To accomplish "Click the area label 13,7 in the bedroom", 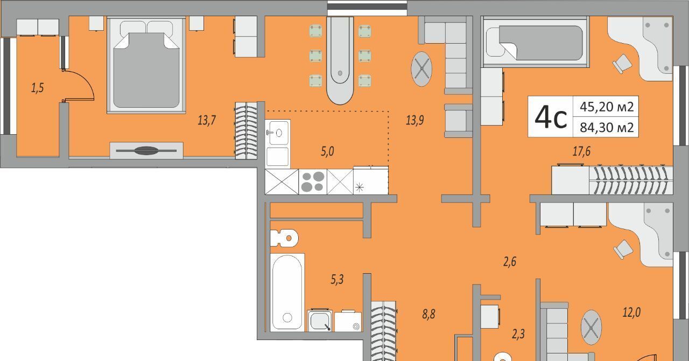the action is (206, 120).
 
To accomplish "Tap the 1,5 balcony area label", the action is (37, 88).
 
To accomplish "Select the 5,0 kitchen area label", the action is (327, 151).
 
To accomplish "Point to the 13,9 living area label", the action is (414, 120).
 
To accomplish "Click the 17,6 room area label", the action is (581, 151).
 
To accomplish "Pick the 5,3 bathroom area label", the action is (337, 280).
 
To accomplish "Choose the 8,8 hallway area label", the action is (428, 314).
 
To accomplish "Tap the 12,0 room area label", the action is (631, 313).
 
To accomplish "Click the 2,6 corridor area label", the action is (509, 262).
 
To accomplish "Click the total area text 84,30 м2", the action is (607, 127).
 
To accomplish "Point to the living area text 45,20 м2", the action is (607, 107).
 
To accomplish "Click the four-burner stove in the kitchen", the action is (313, 182).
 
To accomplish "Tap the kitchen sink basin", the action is (278, 133).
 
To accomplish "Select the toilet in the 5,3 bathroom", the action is (284, 238).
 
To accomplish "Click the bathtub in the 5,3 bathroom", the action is (287, 293).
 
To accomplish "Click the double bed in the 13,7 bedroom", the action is (146, 65).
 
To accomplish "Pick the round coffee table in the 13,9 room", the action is (421, 69).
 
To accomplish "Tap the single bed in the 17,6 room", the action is (535, 42).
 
